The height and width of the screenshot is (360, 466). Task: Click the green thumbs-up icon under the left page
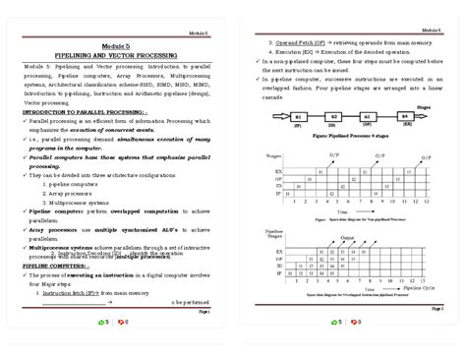[x=102, y=323]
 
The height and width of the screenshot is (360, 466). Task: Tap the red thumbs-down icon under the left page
[x=122, y=323]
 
